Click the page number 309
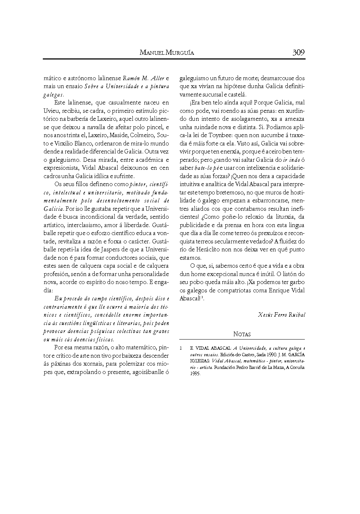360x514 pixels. coord(298,52)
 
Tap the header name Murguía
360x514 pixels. coord(180,53)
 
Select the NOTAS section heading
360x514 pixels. coord(242,334)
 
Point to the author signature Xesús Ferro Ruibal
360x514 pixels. coord(282,314)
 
